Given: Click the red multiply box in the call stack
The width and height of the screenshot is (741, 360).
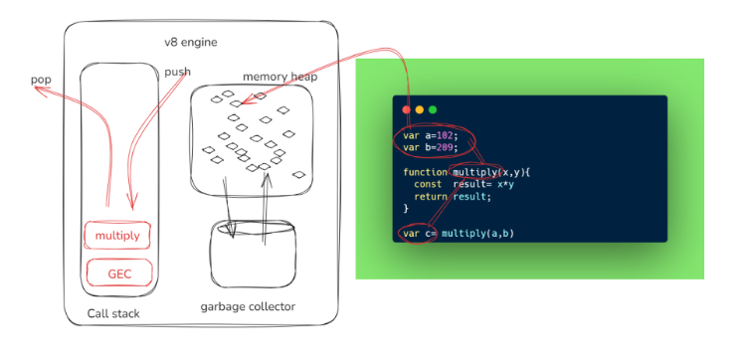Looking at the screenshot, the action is click(117, 236).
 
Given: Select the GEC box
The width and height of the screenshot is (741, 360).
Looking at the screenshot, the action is click(119, 272).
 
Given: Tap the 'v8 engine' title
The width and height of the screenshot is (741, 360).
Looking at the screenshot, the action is click(191, 43).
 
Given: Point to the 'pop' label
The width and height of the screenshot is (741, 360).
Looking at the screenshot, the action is click(41, 80).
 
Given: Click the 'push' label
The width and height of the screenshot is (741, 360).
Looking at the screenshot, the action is click(178, 72).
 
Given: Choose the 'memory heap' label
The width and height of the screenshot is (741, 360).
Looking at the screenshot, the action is click(279, 77).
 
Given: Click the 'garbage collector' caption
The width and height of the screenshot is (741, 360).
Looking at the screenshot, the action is click(248, 306).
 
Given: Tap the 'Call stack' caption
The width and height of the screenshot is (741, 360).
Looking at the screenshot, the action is click(113, 313).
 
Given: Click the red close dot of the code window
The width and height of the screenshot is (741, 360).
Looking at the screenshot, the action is click(407, 109).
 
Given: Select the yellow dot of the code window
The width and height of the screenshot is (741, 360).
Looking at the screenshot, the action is click(420, 109).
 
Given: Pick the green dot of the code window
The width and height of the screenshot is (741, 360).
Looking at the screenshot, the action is click(433, 109).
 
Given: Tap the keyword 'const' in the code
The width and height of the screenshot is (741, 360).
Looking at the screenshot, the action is click(428, 184).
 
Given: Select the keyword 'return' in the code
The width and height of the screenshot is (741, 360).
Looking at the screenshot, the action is click(431, 197).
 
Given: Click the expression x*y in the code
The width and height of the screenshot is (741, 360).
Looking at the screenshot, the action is click(505, 184).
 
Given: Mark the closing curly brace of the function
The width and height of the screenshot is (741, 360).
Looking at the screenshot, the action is click(406, 209).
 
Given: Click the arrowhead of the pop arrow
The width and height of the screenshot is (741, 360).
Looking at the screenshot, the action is click(39, 90).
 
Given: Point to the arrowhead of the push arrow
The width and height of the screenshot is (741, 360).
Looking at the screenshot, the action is click(132, 202).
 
